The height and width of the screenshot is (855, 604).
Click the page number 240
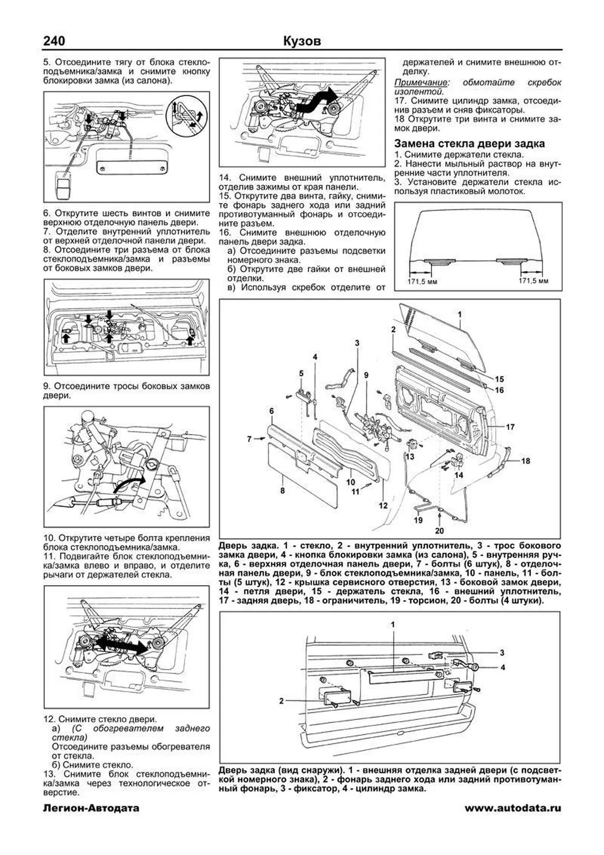[53, 41]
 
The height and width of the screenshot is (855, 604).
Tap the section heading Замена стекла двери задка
[469, 144]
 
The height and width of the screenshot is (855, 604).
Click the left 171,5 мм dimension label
[422, 281]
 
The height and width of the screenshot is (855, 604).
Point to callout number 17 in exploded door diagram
[510, 427]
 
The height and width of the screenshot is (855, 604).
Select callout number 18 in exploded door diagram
[525, 461]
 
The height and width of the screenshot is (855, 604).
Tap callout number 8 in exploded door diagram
[283, 490]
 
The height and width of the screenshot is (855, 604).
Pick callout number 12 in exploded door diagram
[384, 506]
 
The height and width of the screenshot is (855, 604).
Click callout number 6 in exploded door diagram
[271, 411]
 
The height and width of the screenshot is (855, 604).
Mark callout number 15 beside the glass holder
[499, 379]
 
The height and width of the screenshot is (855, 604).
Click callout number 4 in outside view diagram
[502, 668]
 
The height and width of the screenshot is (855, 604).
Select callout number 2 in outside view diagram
[282, 700]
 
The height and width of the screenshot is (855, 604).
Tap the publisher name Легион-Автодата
[91, 823]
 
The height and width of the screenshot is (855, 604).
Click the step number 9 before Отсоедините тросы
[47, 387]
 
